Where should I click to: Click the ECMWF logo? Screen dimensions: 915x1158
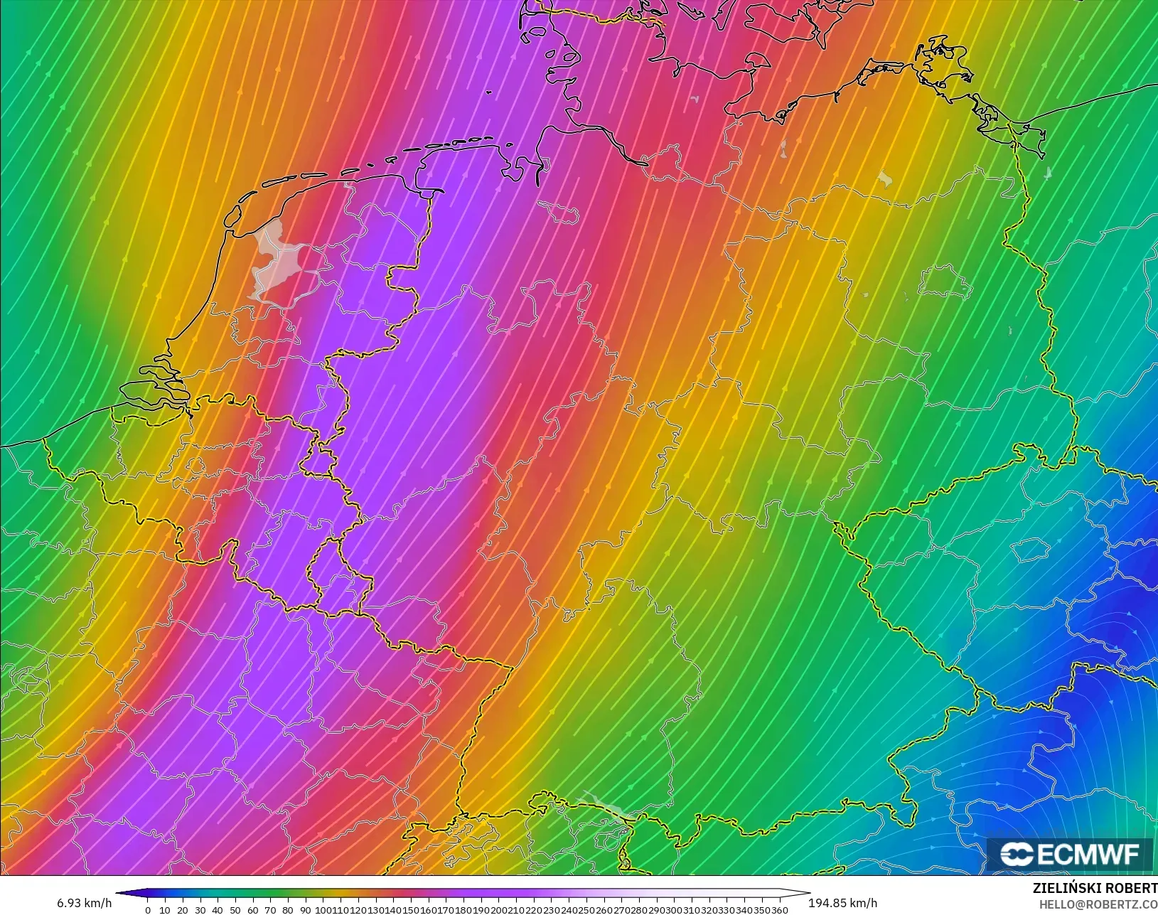click(x=1069, y=854)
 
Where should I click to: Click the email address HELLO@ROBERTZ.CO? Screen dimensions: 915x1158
click(x=1098, y=904)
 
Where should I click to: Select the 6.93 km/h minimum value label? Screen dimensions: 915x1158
click(x=85, y=903)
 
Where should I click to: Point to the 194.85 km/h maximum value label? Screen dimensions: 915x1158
click(x=842, y=903)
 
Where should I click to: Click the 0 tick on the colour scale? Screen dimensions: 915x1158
click(x=148, y=910)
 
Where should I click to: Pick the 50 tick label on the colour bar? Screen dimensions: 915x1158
click(x=235, y=910)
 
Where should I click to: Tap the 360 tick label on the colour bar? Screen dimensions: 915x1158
click(x=780, y=910)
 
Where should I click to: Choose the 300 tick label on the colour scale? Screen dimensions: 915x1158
click(x=675, y=910)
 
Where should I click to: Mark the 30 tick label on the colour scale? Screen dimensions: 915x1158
click(x=200, y=910)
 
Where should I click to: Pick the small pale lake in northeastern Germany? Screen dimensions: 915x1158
click(x=884, y=178)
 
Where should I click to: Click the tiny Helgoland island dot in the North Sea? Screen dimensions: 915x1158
click(x=488, y=92)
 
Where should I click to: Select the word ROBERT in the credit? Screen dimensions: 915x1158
click(x=1134, y=889)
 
